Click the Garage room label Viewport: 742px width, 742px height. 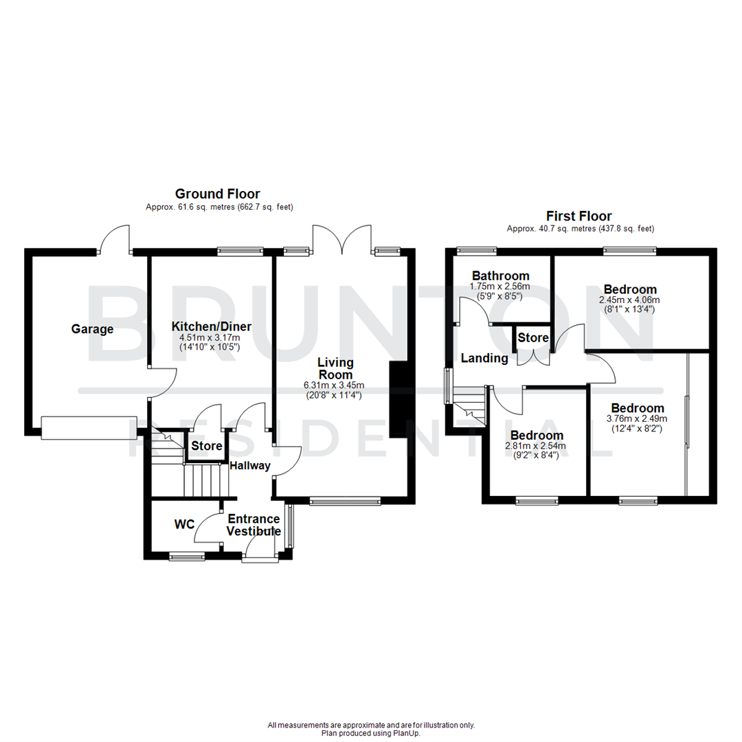pos(92,329)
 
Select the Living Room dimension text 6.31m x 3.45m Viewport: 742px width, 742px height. pos(335,385)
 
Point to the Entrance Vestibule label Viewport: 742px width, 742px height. pos(254,525)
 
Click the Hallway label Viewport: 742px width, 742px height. pos(250,466)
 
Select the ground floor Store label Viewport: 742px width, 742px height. pos(207,447)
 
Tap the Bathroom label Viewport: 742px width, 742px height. pos(499,276)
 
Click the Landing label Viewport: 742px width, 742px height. pos(484,358)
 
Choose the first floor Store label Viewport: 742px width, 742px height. pos(533,338)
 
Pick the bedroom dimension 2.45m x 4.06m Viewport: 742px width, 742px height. pos(630,300)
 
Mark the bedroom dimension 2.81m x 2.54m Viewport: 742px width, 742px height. pos(537,446)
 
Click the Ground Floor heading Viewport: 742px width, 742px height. pos(217,194)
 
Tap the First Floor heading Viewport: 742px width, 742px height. pos(578,216)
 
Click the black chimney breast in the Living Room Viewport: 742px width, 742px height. pos(398,399)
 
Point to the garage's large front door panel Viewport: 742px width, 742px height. pos(89,427)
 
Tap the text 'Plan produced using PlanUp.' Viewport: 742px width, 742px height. pos(371,733)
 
